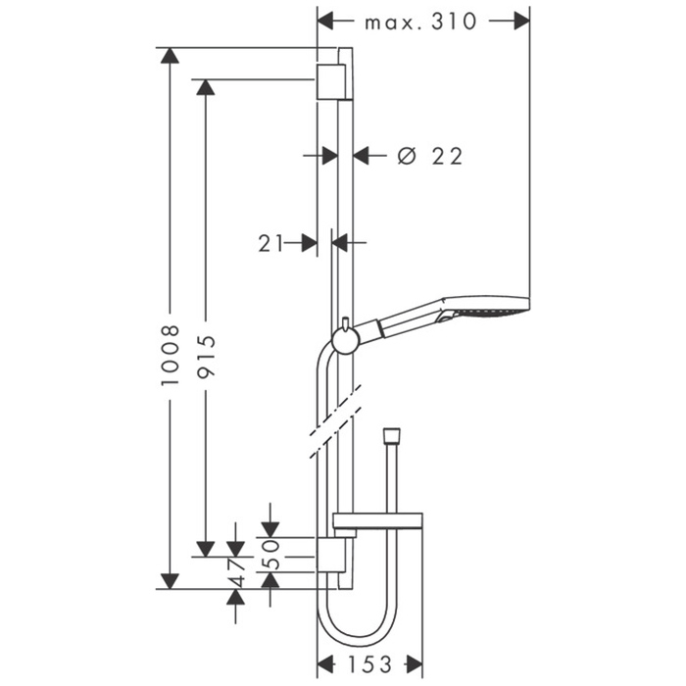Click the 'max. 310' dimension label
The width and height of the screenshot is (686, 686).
click(420, 22)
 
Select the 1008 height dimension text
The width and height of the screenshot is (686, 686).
click(170, 355)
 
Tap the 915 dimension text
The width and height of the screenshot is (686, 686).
click(206, 356)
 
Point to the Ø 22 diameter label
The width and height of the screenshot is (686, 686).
click(430, 156)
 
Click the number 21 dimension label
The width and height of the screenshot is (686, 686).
click(270, 243)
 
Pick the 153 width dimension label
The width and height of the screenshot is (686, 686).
click(369, 664)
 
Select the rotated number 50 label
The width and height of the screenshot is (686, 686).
click(271, 554)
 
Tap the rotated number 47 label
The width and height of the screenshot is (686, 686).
click(237, 572)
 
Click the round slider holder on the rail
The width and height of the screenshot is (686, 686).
click(346, 340)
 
